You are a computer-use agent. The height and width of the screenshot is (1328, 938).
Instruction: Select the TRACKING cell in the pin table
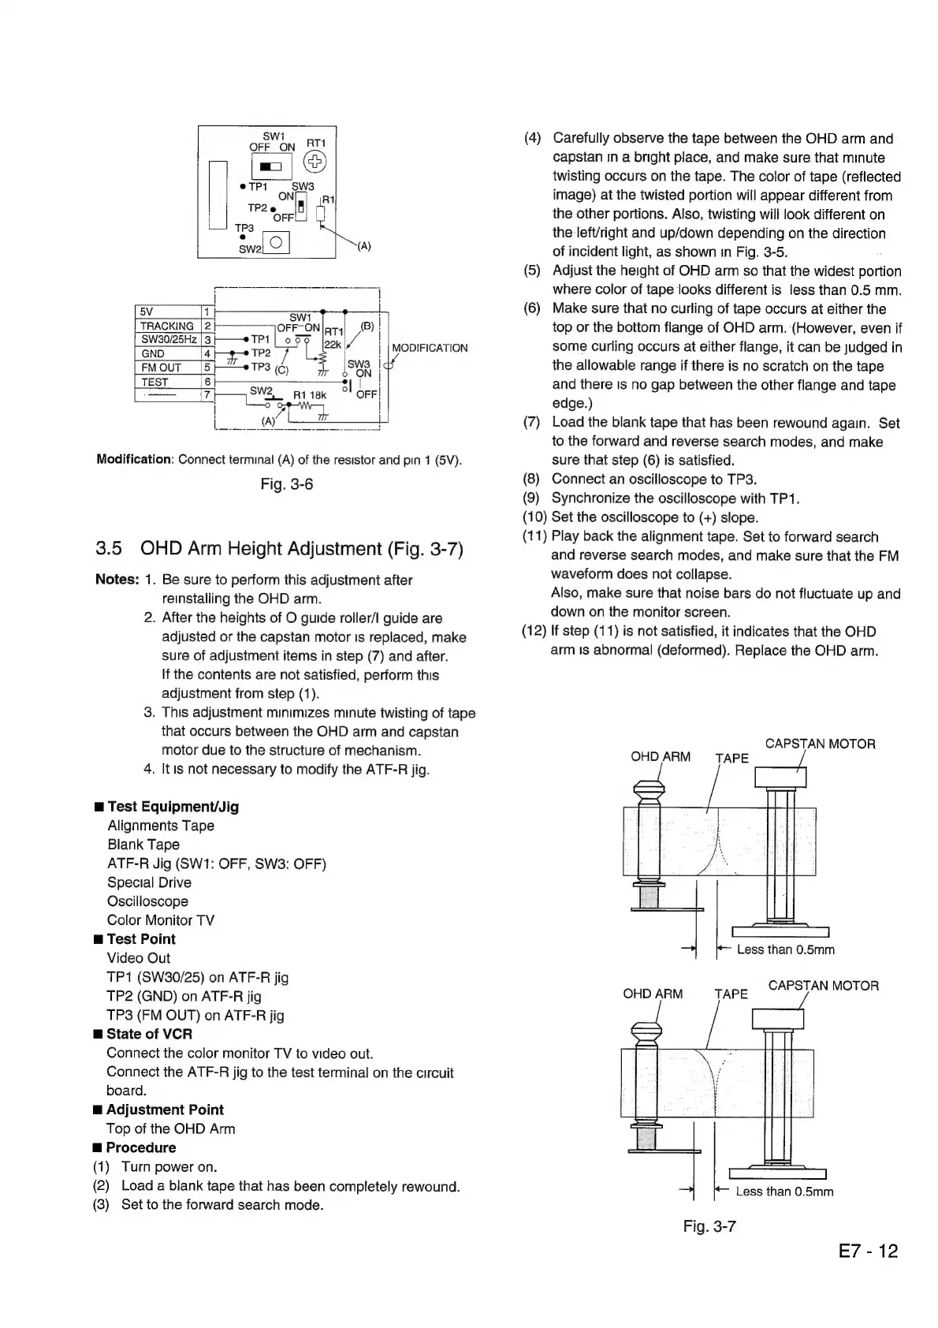(x=166, y=326)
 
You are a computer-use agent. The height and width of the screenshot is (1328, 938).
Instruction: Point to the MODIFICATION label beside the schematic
(x=430, y=348)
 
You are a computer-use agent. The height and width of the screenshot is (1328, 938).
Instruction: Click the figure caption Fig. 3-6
(x=287, y=484)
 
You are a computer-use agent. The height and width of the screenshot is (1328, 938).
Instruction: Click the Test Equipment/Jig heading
(x=173, y=807)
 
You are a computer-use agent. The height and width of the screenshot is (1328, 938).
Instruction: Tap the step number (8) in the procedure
(x=533, y=479)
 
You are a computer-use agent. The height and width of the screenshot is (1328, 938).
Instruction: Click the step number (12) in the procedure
(x=534, y=632)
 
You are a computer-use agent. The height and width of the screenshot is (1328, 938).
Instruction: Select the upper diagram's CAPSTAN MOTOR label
(x=821, y=744)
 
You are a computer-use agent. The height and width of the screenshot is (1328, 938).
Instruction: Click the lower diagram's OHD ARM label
(x=653, y=994)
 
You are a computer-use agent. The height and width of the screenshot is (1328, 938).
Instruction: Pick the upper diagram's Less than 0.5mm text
(x=786, y=949)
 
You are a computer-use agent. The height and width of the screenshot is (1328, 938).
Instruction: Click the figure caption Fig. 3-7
(x=709, y=1226)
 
